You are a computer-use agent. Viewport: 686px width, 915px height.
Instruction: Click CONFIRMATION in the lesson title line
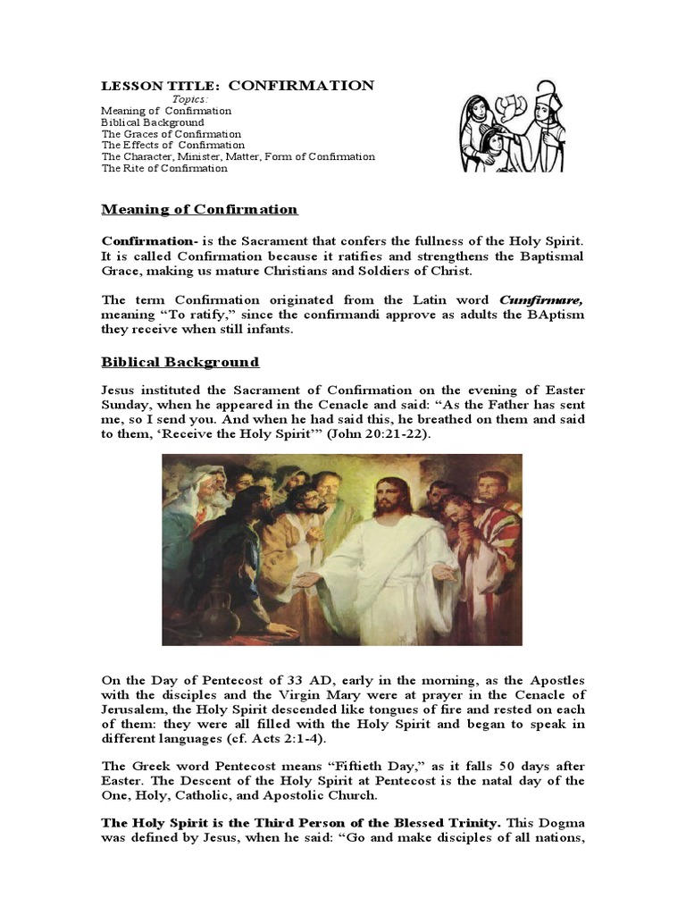301,86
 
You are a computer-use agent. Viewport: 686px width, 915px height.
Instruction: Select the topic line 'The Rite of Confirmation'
164,168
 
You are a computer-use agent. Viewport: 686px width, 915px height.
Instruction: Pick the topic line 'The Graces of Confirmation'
171,134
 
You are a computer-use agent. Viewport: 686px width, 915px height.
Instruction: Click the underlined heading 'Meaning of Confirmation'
199,210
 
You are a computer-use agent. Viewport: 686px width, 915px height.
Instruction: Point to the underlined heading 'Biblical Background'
180,362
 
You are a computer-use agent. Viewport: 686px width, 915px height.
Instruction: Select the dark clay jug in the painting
197,611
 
